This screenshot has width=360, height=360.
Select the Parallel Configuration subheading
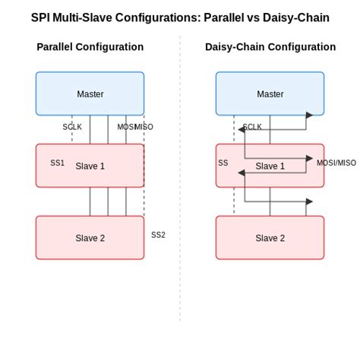[x=90, y=47]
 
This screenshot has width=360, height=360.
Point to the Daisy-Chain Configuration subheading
[x=270, y=47]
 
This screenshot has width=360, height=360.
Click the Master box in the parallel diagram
[x=90, y=93]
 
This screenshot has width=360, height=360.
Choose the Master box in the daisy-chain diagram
[x=270, y=93]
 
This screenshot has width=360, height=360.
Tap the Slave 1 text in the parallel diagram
[x=90, y=166]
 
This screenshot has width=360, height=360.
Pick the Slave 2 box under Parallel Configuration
[x=90, y=238]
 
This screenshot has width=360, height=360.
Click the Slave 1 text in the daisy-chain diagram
[x=270, y=166]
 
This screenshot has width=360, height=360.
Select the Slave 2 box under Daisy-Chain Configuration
[x=270, y=238]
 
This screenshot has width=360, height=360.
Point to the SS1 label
[x=58, y=163]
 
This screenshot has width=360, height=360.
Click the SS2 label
[x=158, y=235]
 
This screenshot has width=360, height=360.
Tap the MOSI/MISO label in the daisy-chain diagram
[x=336, y=163]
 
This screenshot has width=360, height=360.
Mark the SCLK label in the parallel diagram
[x=72, y=127]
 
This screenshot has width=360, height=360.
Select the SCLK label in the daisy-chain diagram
[x=253, y=127]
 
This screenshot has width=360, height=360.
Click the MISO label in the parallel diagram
[x=144, y=127]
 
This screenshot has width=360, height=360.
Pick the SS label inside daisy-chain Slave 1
[x=223, y=163]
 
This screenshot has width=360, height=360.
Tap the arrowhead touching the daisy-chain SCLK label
[x=241, y=130]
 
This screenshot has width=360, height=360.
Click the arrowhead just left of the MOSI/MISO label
[x=309, y=159]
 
